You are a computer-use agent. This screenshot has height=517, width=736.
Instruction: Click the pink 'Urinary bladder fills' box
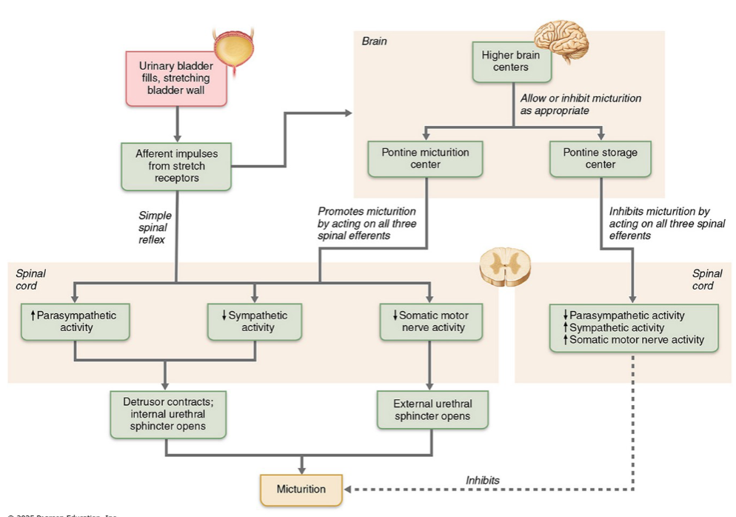175,79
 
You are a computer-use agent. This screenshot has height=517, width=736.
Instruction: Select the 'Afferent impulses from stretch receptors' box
175,166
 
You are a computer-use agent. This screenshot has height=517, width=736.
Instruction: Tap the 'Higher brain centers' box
510,61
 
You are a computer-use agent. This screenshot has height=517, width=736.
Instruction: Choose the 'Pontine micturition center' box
425,159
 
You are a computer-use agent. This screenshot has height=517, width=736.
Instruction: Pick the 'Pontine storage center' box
600,159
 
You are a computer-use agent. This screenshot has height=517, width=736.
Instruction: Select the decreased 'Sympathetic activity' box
254,321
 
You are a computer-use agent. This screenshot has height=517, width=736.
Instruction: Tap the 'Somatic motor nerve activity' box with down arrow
429,321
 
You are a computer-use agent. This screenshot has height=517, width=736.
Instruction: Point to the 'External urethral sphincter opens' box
432,410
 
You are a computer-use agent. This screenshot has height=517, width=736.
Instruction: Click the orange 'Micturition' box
301,489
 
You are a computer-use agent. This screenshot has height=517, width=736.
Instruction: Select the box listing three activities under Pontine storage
633,327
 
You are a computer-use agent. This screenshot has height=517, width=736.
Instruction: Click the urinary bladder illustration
234,51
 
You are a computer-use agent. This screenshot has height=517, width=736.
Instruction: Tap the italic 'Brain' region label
374,41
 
